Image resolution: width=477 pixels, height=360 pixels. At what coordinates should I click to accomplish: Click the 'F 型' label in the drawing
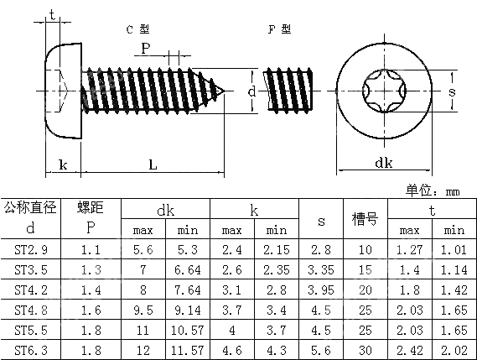[x=279, y=29]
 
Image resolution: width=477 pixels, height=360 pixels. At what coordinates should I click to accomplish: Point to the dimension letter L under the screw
[x=153, y=165]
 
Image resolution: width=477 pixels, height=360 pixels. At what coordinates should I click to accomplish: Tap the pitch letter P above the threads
[x=145, y=49]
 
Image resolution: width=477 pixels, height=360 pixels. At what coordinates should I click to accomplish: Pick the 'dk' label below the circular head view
[x=384, y=163]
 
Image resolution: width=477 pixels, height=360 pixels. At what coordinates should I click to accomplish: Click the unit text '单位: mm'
[x=433, y=190]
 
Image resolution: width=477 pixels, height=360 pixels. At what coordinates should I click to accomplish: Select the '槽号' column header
[x=365, y=219]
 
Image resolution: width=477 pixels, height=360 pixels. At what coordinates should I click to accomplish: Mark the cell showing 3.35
[x=321, y=269]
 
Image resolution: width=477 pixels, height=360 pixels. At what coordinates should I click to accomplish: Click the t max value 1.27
[x=410, y=249]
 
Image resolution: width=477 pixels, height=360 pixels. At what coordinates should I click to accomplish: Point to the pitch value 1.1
[x=91, y=249]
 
